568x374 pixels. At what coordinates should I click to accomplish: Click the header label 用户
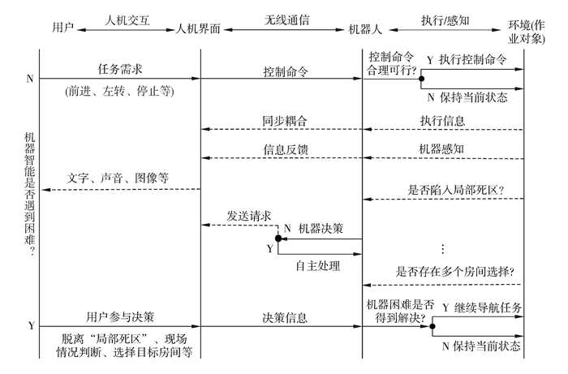click(62, 28)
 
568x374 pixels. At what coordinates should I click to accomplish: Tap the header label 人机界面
click(200, 28)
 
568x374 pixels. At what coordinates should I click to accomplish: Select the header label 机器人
click(362, 28)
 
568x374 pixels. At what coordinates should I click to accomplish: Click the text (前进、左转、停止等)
click(119, 92)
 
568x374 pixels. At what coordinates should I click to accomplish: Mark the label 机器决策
click(322, 230)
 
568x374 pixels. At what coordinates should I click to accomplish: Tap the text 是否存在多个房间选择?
click(455, 271)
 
